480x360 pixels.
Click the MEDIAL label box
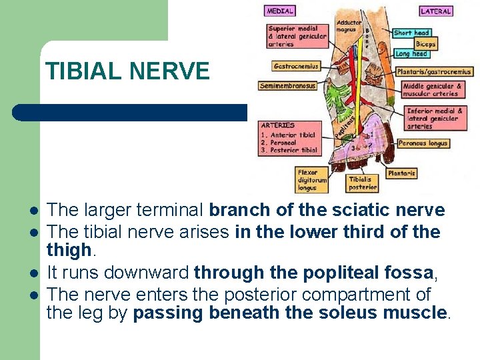pos(280,11)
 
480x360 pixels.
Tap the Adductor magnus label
pos(349,26)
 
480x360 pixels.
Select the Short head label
pos(412,33)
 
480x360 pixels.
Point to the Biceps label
pos(425,44)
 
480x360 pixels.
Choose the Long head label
pos(411,54)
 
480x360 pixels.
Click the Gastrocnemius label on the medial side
pos(296,66)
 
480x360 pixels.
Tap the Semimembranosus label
pos(288,86)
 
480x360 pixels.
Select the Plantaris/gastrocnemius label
pos(433,72)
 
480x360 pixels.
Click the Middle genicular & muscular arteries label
pos(432,90)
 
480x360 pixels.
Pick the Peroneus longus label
pos(423,143)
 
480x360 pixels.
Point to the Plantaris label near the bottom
pos(402,173)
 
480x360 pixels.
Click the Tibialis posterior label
pos(363,183)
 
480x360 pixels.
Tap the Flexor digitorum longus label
pos(312,180)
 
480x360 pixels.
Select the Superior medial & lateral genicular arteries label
pos(297,37)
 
